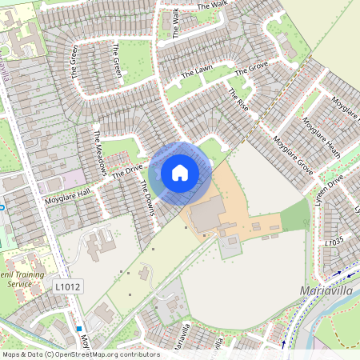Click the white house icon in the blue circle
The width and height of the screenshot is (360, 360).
coord(180,173)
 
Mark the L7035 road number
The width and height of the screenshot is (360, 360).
coord(334,240)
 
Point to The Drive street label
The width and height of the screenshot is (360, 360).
coord(126,169)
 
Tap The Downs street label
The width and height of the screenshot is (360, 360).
coord(146,195)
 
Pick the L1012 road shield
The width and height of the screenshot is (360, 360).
coord(69,286)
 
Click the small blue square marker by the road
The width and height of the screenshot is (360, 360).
coord(79,328)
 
